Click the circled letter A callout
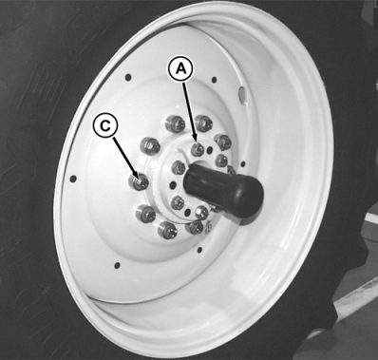click(180, 68)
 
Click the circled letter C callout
click(105, 126)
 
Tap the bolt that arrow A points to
click(198, 149)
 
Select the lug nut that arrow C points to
click(139, 181)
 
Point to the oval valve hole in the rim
click(241, 93)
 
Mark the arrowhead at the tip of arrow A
click(196, 141)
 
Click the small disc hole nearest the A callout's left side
click(128, 77)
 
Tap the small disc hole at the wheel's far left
click(73, 179)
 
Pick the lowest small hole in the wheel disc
click(117, 264)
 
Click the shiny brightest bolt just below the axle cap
click(201, 213)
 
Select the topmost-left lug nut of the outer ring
click(174, 123)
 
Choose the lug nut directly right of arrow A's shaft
click(203, 123)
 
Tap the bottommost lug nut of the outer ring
click(167, 229)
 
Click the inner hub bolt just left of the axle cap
click(179, 168)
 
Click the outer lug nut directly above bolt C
click(150, 146)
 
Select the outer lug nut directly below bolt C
click(145, 213)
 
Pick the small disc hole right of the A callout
click(214, 80)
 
